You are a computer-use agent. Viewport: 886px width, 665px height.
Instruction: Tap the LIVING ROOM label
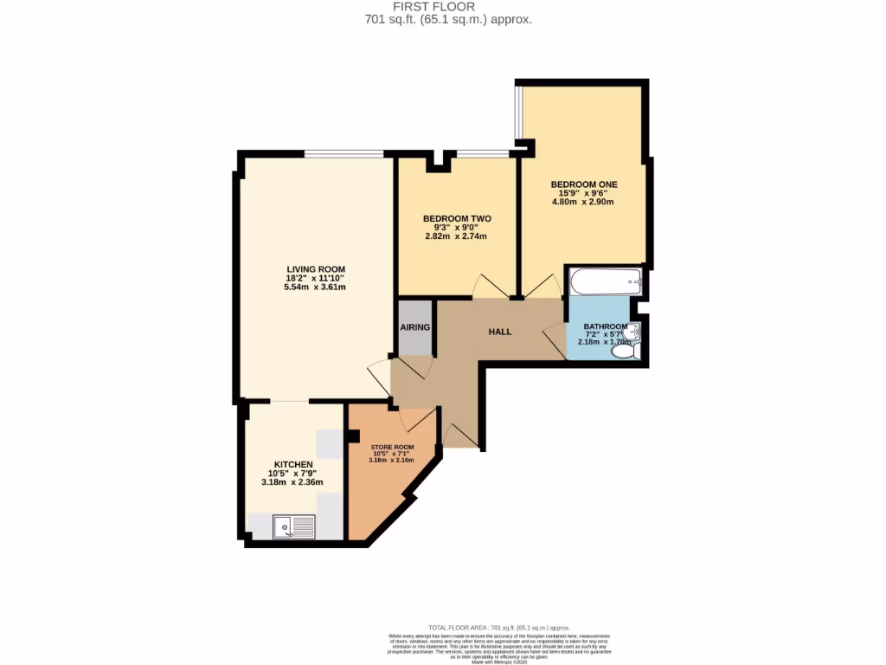point(316,269)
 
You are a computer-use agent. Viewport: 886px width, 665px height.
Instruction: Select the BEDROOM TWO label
point(457,218)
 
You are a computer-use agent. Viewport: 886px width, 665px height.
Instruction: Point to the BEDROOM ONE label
point(584,184)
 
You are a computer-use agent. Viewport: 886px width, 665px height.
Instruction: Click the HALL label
point(500,332)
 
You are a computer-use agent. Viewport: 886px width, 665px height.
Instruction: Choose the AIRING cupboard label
point(415,326)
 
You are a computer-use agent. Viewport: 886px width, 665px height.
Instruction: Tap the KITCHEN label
point(293,465)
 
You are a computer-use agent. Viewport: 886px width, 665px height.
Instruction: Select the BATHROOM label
point(605,326)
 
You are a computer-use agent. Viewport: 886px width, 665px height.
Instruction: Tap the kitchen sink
point(292,526)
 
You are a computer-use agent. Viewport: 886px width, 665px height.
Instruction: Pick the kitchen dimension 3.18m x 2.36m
point(293,482)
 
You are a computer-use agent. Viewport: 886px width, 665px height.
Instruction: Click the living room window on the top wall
point(344,154)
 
